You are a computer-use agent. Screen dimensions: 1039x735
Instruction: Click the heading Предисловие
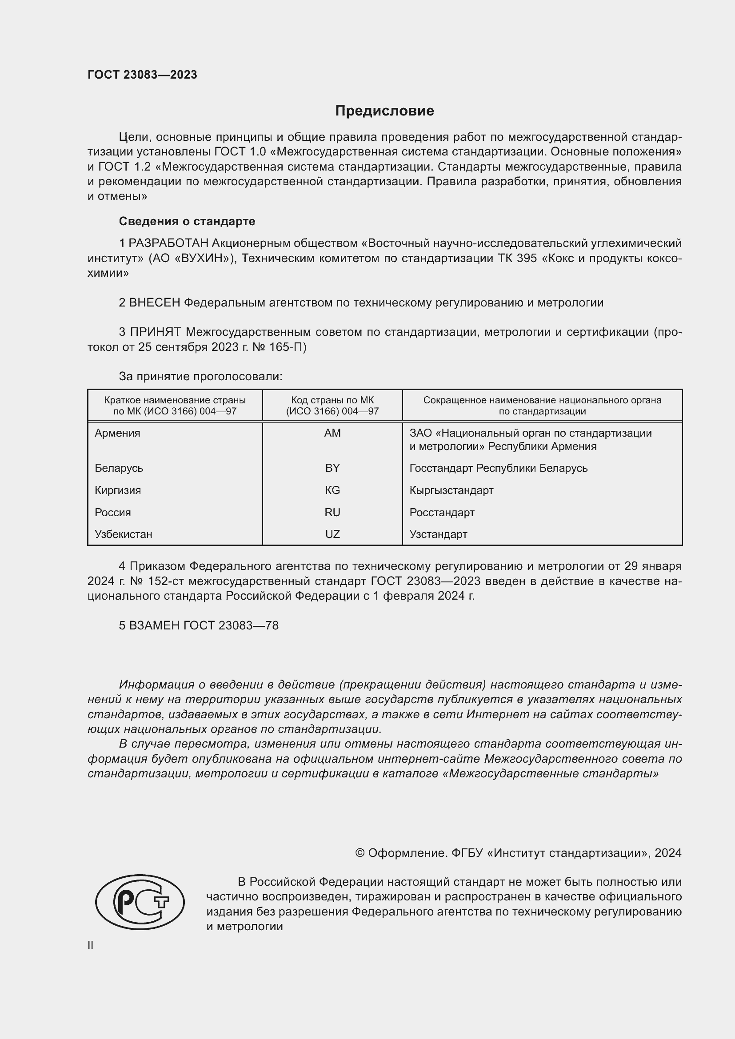click(384, 111)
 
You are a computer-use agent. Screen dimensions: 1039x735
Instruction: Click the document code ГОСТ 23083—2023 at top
click(142, 75)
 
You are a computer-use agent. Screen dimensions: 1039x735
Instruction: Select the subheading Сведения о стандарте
click(187, 221)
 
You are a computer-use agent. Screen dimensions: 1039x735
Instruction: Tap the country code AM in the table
click(332, 433)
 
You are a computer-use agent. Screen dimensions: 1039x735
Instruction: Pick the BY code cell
click(332, 468)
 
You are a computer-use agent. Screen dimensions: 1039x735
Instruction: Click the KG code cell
click(332, 490)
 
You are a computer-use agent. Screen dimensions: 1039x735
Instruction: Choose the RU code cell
click(332, 512)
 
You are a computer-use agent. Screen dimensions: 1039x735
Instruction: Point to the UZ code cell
click(332, 534)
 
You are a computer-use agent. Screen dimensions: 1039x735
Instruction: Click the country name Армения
click(117, 433)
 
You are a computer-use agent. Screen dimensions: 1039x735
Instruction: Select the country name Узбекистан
click(123, 534)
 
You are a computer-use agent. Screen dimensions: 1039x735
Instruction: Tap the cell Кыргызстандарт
click(451, 490)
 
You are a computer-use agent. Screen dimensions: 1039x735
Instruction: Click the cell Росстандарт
click(442, 512)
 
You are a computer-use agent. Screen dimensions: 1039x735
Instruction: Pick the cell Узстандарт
click(438, 534)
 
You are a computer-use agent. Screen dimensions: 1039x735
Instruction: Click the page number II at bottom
click(91, 945)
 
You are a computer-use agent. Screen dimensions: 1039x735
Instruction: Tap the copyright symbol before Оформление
click(360, 853)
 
